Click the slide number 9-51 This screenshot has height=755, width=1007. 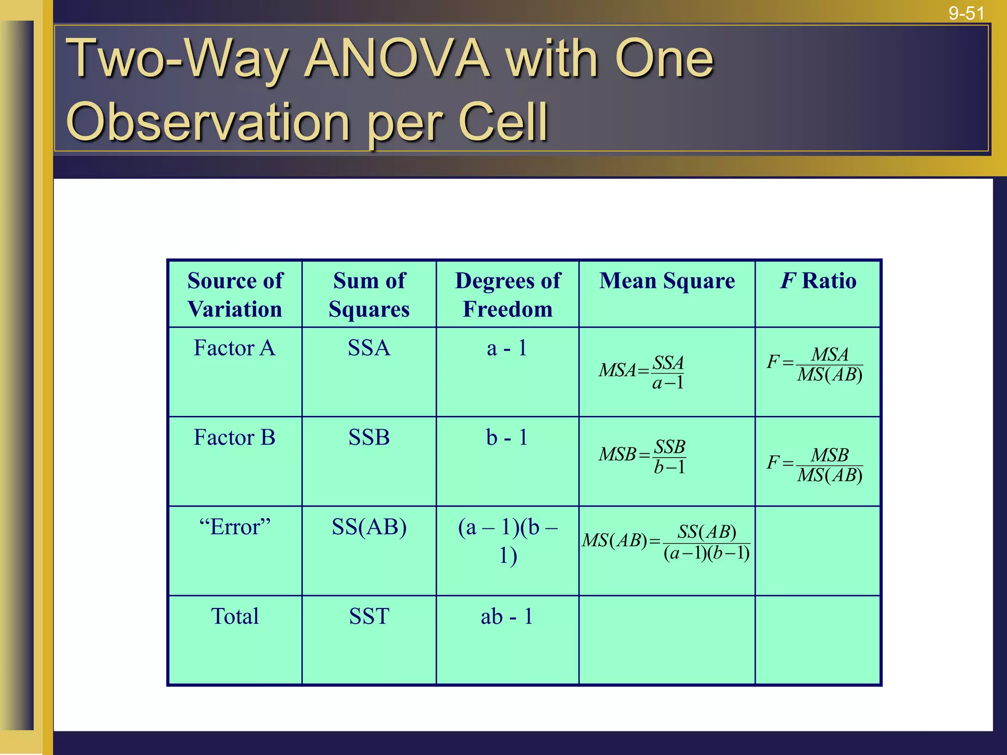(x=966, y=13)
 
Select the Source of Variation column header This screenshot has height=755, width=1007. (x=235, y=295)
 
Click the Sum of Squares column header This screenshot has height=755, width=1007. (x=369, y=295)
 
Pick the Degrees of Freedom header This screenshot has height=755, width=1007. (x=507, y=295)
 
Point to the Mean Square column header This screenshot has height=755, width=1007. (x=667, y=281)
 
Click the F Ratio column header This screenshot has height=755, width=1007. (x=818, y=281)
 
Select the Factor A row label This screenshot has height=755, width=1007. (x=235, y=348)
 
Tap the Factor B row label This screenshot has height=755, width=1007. (x=235, y=437)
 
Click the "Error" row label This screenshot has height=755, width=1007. (x=235, y=527)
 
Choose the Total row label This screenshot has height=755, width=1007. (x=235, y=616)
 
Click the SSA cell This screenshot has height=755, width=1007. (x=369, y=348)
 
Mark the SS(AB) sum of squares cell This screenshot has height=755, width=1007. (x=369, y=527)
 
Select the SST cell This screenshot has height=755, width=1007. (x=369, y=616)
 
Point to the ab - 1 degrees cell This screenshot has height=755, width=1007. (x=507, y=616)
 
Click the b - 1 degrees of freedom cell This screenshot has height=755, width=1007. (x=507, y=437)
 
